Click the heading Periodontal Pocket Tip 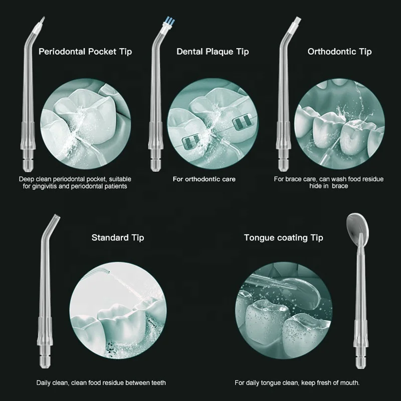(x=85, y=52)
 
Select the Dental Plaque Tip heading (x=213, y=52)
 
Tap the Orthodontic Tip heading (x=339, y=52)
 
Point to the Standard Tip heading (x=118, y=238)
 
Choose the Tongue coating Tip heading (x=283, y=238)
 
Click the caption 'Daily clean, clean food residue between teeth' (x=101, y=383)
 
